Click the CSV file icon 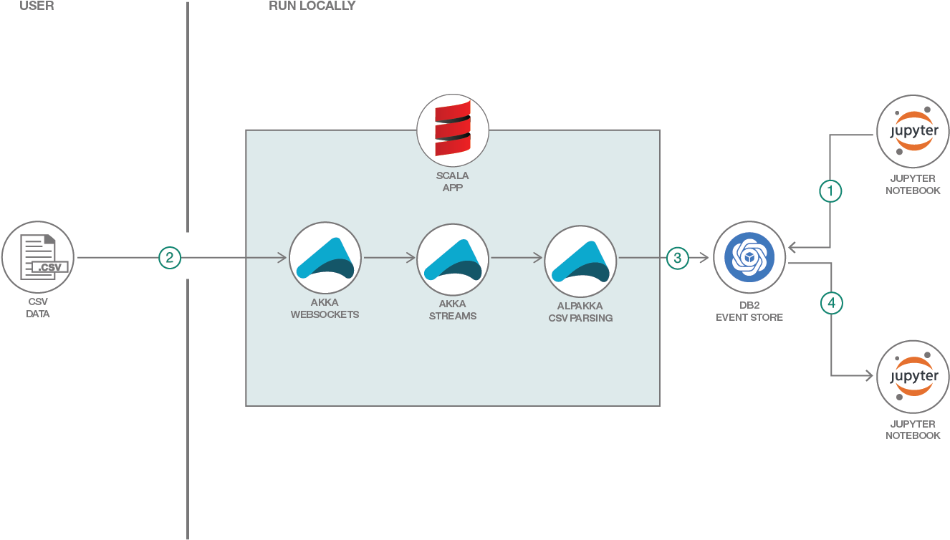coord(38,257)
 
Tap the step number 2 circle coord(169,258)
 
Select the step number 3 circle coord(678,258)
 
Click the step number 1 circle coord(830,191)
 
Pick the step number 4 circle coord(831,304)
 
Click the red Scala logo coord(453,130)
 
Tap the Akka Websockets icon coord(325,258)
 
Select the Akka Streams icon coord(453,258)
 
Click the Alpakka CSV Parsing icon coord(580,258)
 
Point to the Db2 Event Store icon coord(749,258)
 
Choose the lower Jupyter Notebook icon coord(913,377)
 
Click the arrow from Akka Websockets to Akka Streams coord(389,258)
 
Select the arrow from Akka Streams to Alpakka coord(517,258)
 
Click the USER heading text coord(37,6)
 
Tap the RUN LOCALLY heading coord(312,6)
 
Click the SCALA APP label coord(453,182)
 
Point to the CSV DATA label coord(38,307)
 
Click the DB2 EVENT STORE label coord(749,311)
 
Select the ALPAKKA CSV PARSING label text coord(580,312)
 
